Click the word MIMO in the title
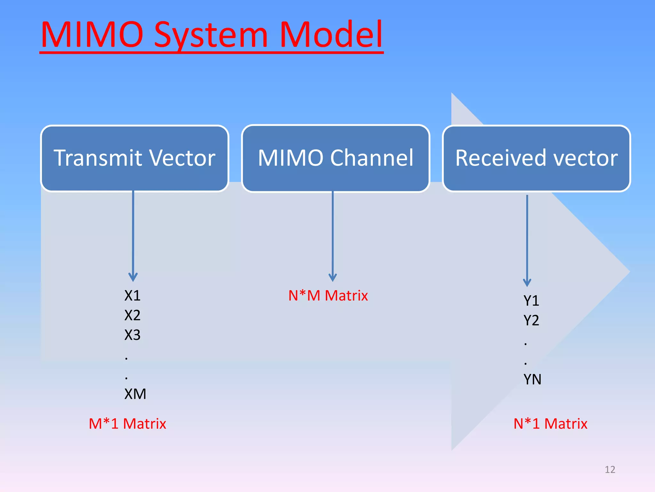(92, 35)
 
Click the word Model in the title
(331, 35)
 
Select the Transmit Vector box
(135, 158)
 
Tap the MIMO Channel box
(335, 158)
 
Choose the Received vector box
(536, 158)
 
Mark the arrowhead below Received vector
(527, 282)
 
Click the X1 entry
(132, 295)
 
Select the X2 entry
(132, 315)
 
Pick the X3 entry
(132, 335)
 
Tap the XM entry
(135, 394)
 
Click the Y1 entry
(531, 300)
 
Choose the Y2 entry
(531, 320)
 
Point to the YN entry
(532, 380)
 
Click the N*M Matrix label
(328, 295)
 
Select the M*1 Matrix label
(127, 423)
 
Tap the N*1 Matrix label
(550, 423)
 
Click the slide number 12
(610, 470)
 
